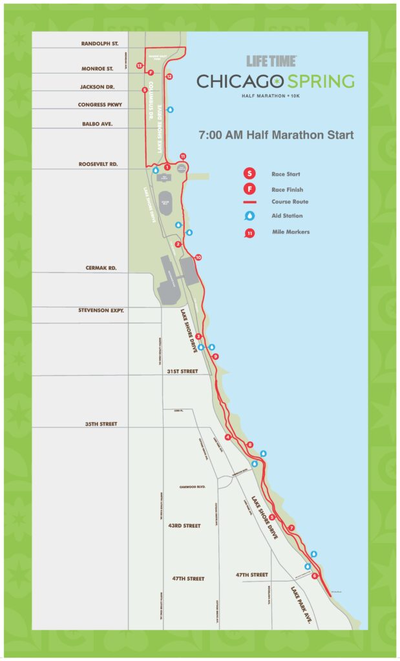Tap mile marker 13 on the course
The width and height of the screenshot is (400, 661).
click(x=140, y=66)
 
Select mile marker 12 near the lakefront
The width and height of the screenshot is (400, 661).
click(x=169, y=77)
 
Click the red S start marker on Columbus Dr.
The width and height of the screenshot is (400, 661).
click(x=145, y=90)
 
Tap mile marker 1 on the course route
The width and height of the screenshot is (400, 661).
click(x=167, y=167)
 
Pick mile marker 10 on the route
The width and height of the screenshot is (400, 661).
click(x=198, y=258)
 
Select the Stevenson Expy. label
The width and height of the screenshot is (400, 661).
click(x=101, y=310)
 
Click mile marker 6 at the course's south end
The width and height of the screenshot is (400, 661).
click(x=315, y=576)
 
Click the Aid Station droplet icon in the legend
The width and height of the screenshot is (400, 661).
click(x=248, y=216)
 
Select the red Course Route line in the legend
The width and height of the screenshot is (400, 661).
click(x=248, y=202)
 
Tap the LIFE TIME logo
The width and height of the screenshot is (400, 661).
click(x=271, y=61)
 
